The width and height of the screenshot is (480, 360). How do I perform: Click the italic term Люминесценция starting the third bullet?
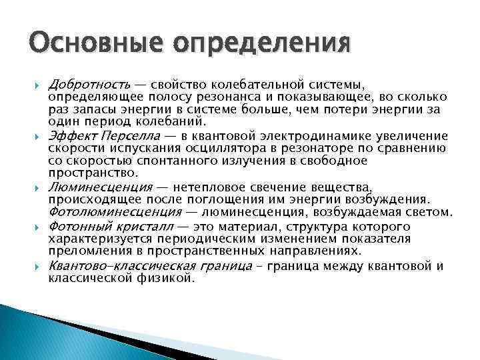[101, 187]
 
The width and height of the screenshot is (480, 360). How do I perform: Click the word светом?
[429, 212]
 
